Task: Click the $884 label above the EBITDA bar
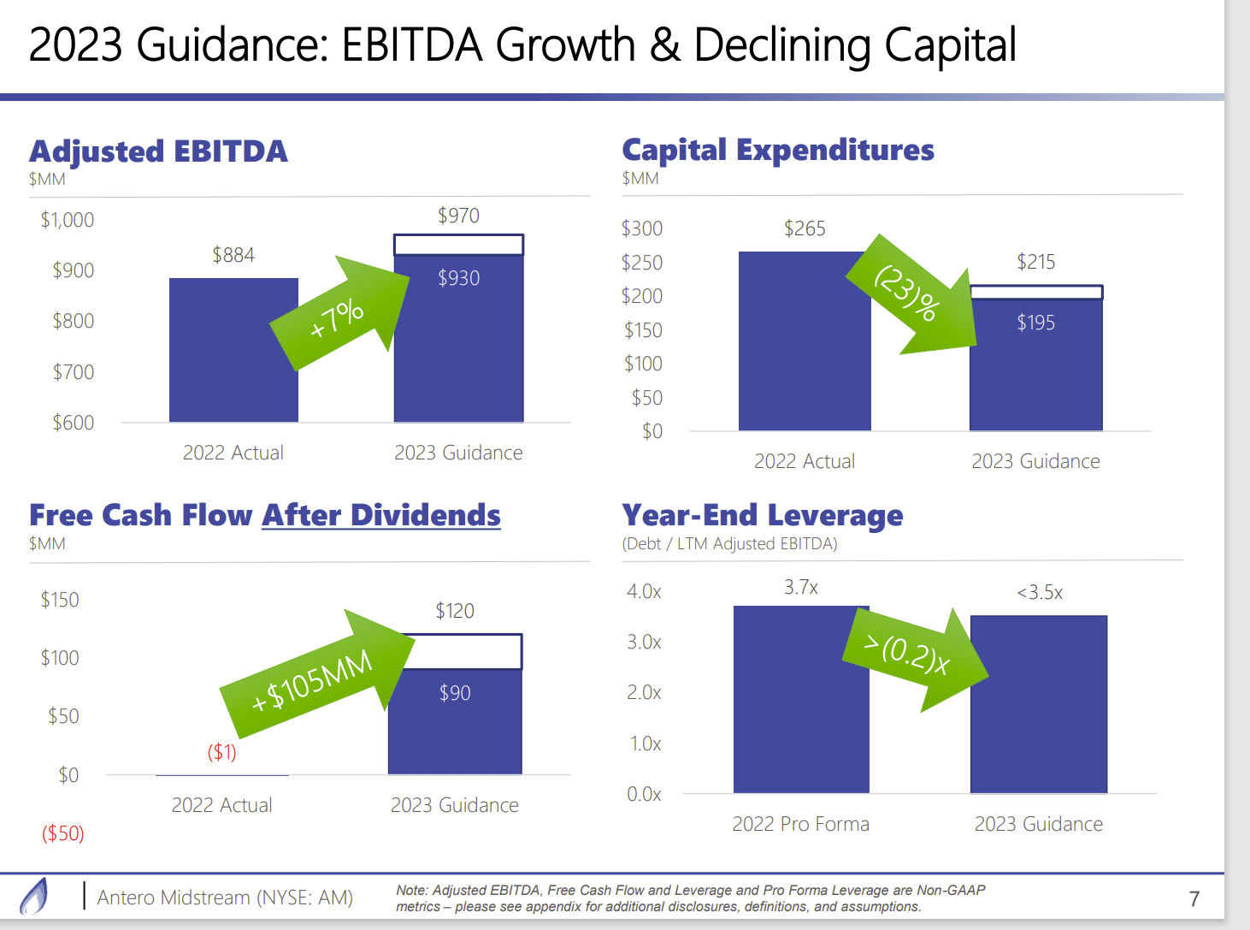(x=233, y=255)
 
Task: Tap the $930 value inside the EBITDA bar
(x=458, y=278)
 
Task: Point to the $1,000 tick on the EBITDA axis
(x=68, y=220)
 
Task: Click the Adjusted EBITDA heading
(x=158, y=151)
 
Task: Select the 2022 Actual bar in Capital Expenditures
(x=804, y=342)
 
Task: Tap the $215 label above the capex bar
(x=1035, y=262)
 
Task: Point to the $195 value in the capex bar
(x=1035, y=323)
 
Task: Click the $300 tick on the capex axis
(x=642, y=228)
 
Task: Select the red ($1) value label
(x=221, y=752)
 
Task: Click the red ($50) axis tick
(x=63, y=833)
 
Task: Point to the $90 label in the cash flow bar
(x=455, y=693)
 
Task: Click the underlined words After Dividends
(x=380, y=515)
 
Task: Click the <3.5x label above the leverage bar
(x=1039, y=593)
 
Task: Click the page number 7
(x=1194, y=899)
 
